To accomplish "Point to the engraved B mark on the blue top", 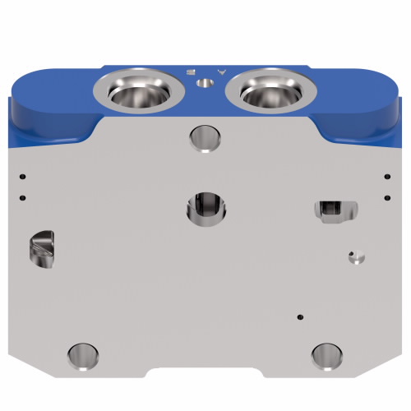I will tap(192, 72).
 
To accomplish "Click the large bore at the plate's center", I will tap(205, 206).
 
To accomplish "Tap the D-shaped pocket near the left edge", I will tap(42, 248).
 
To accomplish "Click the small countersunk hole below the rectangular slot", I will tap(354, 257).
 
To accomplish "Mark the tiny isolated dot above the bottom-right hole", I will tap(300, 316).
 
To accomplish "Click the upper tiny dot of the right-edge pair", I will tap(386, 175).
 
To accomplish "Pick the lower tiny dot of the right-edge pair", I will tap(386, 196).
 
